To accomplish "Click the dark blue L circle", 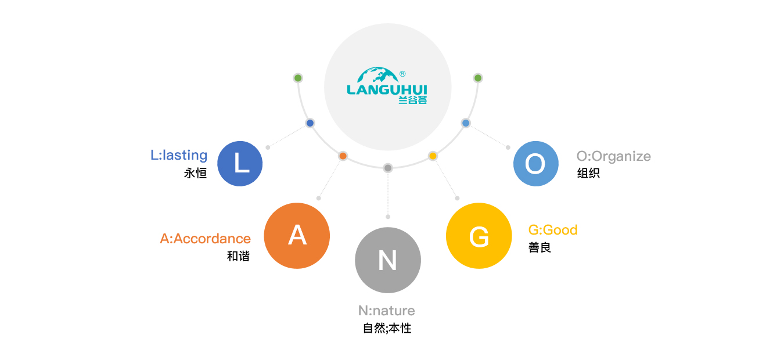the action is pos(240,164).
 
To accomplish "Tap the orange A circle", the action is pos(297,236).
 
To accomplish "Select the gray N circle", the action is pos(388,260).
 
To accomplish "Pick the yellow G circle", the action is pos(479,236).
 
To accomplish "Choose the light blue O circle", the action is pos(536,164).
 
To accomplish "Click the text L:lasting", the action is pos(179,155).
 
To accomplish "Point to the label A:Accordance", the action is pos(206,239).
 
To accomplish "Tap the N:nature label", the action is pos(387,311).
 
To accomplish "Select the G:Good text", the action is pos(553,230).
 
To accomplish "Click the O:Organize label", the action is pos(613,156).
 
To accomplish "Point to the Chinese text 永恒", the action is pos(195,173).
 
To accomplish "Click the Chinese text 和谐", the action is pos(238,256).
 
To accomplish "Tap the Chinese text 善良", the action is pos(540,247).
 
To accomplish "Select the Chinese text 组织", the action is pos(588,173).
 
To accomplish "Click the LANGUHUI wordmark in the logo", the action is pos(387,89).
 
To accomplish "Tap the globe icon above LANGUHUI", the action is pos(377,74).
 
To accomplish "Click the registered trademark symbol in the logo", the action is pos(402,74).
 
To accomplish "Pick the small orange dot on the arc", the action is pos(343,156).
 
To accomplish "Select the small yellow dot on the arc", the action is pos(433,156).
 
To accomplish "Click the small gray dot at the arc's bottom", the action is pos(388,168).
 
